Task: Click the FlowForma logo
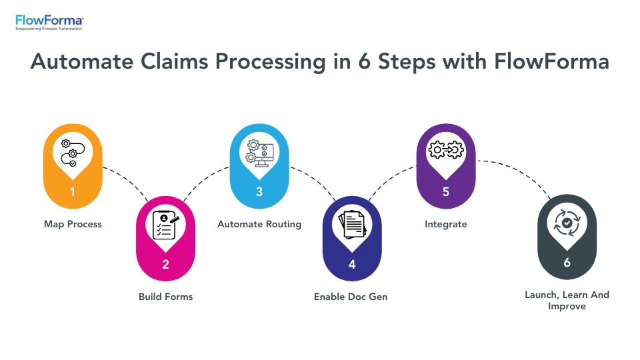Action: pos(49,22)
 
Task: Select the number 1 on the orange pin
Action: pos(73,192)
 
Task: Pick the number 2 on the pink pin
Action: pos(165,264)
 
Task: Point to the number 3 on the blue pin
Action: pos(259,192)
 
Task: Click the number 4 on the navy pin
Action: pos(352,264)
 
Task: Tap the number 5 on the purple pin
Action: pos(446,192)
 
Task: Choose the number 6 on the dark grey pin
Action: pos(567,263)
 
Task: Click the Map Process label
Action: pos(73,224)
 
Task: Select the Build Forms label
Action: pos(165,296)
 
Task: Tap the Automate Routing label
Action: pos(259,224)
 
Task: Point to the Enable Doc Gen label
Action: pos(351,296)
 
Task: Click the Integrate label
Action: pos(446,224)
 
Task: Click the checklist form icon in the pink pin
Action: pos(165,225)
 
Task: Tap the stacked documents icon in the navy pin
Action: pos(352,225)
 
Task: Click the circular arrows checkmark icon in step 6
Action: pos(567,223)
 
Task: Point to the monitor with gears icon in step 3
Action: pos(259,151)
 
